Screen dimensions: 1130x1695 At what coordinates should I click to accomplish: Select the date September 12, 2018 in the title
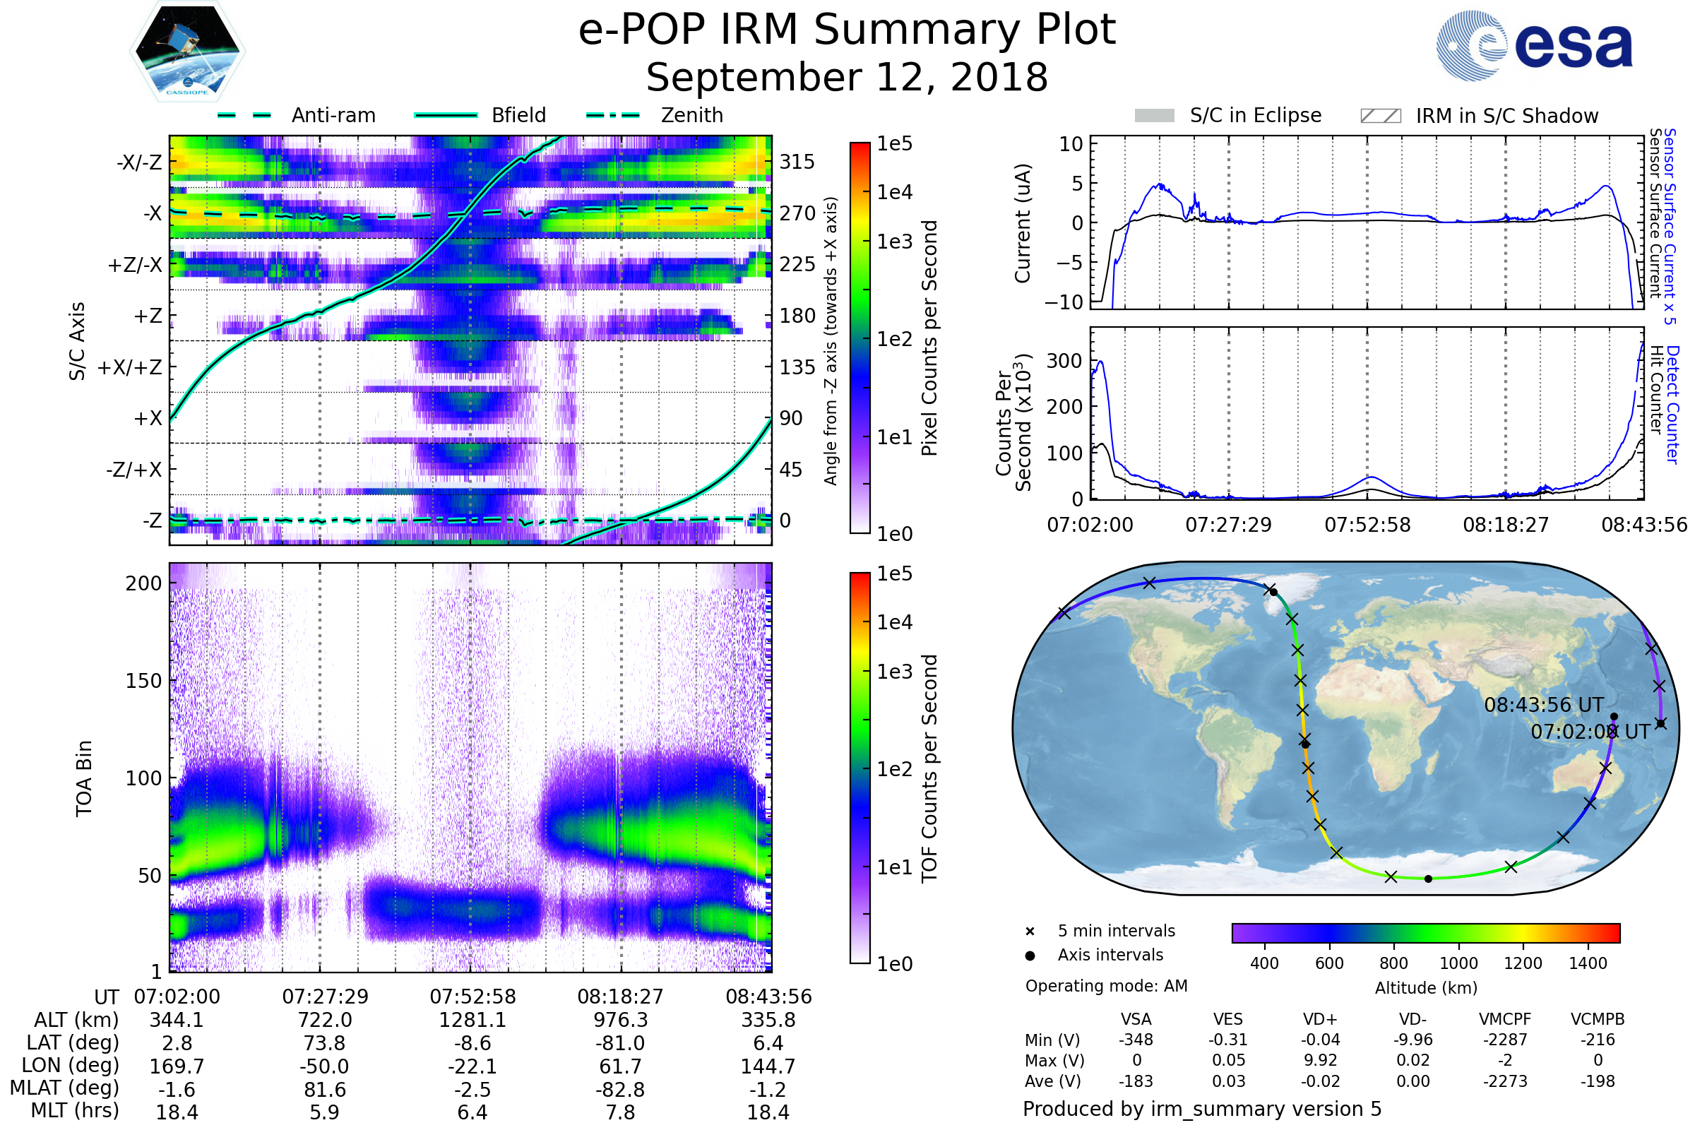(847, 78)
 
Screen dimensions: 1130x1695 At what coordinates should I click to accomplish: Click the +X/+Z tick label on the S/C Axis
(130, 367)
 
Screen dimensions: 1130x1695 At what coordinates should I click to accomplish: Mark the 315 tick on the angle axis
(797, 162)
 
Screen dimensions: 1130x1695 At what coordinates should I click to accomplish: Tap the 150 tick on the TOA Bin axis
(143, 681)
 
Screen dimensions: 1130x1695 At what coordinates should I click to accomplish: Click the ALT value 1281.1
(472, 1021)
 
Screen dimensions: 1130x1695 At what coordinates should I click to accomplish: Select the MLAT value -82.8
(620, 1090)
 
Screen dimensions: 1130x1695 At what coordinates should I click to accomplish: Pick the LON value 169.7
(177, 1066)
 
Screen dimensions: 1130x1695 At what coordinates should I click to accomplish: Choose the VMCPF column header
(1505, 1020)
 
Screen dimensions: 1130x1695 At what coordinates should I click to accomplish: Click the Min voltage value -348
(1136, 1040)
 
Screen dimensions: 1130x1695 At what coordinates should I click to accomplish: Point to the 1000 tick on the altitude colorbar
(1458, 963)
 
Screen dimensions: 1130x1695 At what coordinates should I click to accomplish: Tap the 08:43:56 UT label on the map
(1544, 705)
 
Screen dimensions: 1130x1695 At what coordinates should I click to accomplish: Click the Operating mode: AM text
(1106, 986)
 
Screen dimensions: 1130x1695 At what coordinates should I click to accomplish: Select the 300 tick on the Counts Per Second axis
(1064, 361)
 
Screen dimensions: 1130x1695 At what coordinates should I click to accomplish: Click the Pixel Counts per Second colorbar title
(929, 338)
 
